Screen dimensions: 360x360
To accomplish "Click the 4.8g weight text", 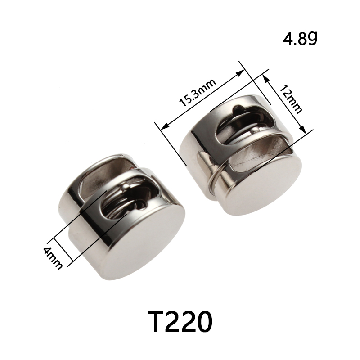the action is pyautogui.click(x=300, y=39).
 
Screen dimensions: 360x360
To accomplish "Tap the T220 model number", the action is pyautogui.click(x=180, y=321).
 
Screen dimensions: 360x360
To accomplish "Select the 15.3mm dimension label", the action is pyautogui.click(x=198, y=93).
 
